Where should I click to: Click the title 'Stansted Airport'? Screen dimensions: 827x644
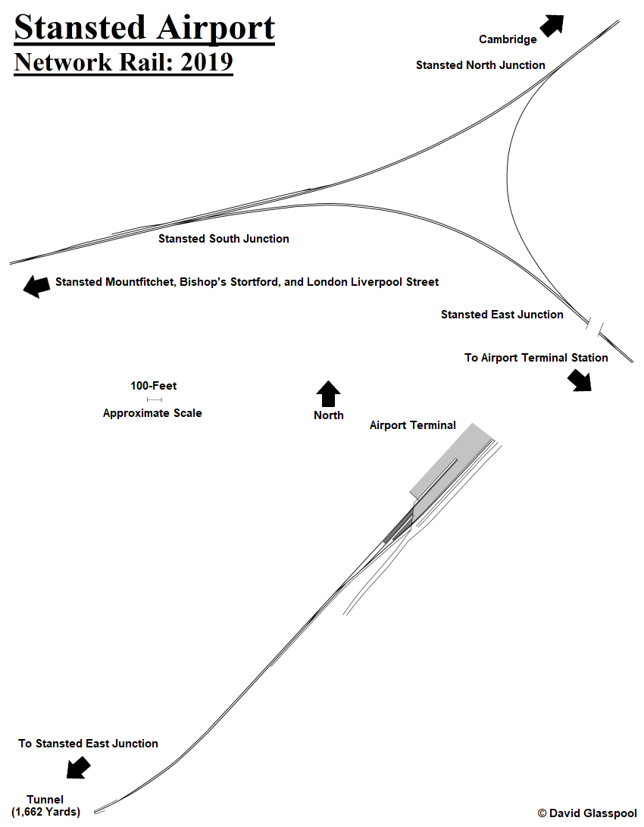144,28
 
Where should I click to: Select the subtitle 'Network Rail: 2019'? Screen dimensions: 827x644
123,62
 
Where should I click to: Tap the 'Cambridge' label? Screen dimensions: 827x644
508,39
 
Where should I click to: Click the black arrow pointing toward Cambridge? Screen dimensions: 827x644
553,25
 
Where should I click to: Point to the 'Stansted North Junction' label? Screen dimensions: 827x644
480,65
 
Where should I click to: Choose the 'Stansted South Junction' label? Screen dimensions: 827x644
224,239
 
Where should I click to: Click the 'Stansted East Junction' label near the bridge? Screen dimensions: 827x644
502,315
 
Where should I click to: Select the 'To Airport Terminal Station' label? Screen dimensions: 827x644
536,358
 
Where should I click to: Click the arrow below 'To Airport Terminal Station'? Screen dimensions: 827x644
580,379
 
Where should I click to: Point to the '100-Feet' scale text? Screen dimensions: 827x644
154,386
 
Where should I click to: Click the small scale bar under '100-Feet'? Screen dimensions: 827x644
154,399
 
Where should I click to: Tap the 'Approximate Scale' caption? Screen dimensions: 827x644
152,413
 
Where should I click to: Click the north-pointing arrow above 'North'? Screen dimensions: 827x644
328,394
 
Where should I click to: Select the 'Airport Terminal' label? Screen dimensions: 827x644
412,425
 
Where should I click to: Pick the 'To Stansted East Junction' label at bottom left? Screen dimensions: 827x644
88,744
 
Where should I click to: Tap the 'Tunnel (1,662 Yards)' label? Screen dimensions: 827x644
45,806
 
